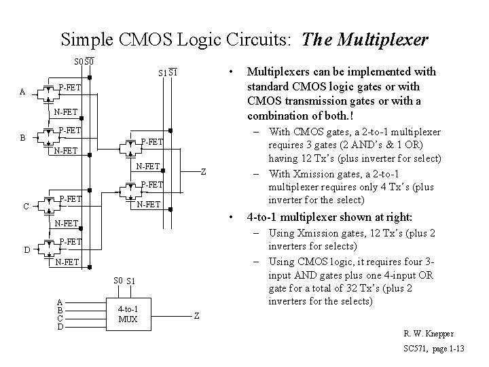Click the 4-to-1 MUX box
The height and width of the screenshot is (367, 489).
[128, 315]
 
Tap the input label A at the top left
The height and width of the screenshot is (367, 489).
[24, 92]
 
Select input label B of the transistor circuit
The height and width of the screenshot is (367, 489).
[24, 137]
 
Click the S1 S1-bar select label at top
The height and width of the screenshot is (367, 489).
[167, 73]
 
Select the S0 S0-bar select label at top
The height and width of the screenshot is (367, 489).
[84, 63]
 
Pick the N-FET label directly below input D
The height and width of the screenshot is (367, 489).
[66, 262]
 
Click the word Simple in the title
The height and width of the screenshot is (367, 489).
[85, 39]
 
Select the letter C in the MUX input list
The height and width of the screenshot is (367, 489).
[60, 318]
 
